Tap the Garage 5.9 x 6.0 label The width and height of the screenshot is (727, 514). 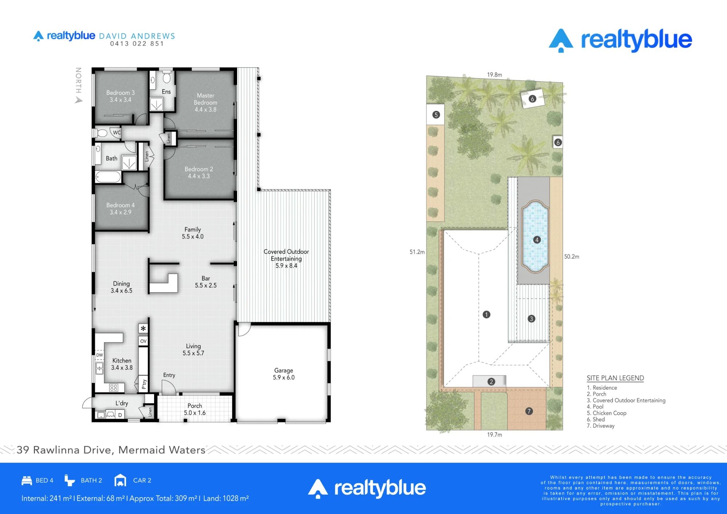click(x=284, y=374)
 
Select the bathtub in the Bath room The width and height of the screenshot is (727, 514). click(x=108, y=177)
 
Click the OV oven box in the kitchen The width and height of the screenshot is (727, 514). click(x=143, y=341)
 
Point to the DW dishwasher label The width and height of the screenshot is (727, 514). click(x=100, y=355)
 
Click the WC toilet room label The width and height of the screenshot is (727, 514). click(x=117, y=132)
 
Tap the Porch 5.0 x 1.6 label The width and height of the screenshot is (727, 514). click(x=195, y=409)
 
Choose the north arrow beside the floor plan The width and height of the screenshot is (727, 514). click(x=79, y=100)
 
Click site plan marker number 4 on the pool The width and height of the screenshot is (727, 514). click(x=537, y=240)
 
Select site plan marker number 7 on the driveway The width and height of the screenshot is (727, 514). click(x=529, y=411)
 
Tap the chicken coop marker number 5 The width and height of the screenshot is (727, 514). click(x=436, y=115)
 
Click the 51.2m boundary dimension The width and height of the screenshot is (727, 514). click(x=417, y=252)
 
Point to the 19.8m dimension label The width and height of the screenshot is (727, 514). click(x=494, y=75)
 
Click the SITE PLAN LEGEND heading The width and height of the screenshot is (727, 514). click(x=615, y=378)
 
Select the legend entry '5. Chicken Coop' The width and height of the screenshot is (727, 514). click(x=606, y=413)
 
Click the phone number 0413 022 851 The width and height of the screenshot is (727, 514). click(x=137, y=44)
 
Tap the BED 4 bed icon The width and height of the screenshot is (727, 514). click(x=27, y=480)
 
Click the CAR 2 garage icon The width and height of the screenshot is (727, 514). click(x=120, y=480)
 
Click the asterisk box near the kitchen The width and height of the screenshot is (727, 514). click(x=143, y=329)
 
